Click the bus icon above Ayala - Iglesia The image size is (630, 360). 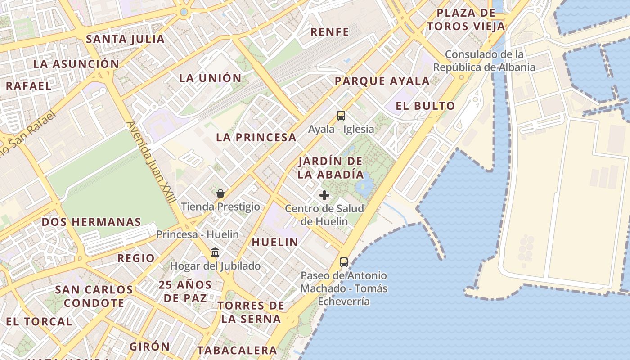[341, 116]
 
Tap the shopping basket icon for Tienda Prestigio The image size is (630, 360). [220, 193]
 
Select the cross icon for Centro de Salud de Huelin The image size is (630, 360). [324, 195]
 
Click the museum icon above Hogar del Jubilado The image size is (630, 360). [215, 252]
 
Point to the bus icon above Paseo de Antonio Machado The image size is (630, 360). [344, 262]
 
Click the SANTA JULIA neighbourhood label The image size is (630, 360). [126, 39]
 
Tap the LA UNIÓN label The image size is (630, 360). [211, 78]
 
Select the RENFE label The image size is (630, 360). [330, 32]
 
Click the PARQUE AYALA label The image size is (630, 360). [382, 81]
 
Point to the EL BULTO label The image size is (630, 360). [425, 106]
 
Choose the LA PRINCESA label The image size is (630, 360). [256, 137]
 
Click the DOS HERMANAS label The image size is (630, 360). [91, 222]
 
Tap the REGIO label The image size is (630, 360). [136, 258]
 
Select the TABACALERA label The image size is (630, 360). [237, 350]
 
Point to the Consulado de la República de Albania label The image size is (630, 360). [484, 61]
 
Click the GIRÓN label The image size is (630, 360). [150, 346]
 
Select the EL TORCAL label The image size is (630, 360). [39, 321]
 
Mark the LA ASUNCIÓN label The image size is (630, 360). [76, 64]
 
